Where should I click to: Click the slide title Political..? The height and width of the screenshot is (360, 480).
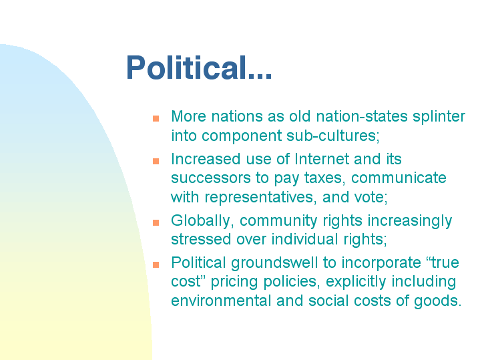point(199,67)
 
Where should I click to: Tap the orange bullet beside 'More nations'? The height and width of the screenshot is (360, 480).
point(156,118)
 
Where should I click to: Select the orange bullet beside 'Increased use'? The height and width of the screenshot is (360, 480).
point(156,161)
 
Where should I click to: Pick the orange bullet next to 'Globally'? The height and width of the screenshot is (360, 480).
point(156,222)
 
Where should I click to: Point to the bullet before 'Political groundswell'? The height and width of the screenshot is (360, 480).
point(156,264)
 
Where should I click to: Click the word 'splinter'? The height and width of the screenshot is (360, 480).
point(439,117)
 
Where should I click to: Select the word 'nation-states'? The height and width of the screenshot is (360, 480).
point(362,116)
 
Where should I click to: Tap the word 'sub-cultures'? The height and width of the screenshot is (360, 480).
point(333,136)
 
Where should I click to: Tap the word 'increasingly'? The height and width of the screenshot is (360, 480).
point(410,221)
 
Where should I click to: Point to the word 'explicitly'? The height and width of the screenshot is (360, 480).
point(356,282)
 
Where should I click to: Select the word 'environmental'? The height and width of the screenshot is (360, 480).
point(221,301)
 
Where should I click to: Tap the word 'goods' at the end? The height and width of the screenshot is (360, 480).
point(438,301)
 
